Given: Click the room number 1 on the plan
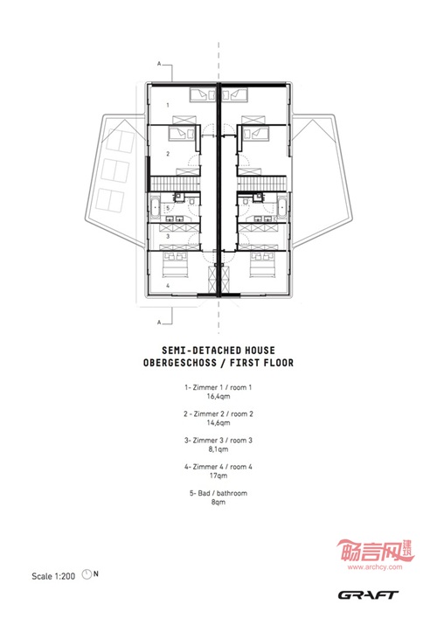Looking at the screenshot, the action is [x=168, y=105].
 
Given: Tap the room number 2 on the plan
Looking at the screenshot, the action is [x=168, y=154].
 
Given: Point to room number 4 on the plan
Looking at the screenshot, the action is [x=168, y=285].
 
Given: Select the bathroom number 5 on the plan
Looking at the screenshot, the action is [x=168, y=208].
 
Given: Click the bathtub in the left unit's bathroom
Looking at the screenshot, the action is [x=155, y=209].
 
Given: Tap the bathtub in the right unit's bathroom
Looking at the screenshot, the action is [x=282, y=209].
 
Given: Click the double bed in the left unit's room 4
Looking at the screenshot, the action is [x=175, y=265].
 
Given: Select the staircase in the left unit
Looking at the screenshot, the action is [x=175, y=184].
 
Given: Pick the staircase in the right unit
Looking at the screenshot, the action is [x=261, y=184].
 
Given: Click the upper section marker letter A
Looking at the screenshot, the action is [x=159, y=64].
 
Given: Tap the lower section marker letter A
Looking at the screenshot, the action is [x=159, y=323].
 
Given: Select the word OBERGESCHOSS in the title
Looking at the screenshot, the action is [x=180, y=363].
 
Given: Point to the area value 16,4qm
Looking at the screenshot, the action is [x=218, y=397].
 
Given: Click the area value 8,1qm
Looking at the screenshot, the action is [x=218, y=449].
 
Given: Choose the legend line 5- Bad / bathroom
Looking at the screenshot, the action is [x=218, y=493].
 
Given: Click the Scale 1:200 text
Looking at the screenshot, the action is [x=53, y=576].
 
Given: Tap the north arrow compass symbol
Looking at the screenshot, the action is [x=87, y=574].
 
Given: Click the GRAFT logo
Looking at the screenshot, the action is [x=368, y=594].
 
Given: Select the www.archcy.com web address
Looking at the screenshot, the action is [x=375, y=567].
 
